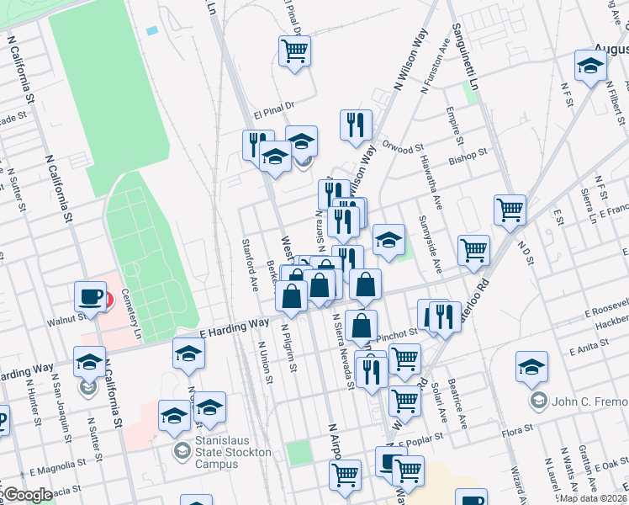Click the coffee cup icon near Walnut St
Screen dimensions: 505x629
[91, 295]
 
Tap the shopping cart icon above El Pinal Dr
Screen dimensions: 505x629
[295, 50]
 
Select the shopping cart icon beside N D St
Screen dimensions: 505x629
[510, 210]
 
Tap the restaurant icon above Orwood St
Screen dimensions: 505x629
[356, 125]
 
